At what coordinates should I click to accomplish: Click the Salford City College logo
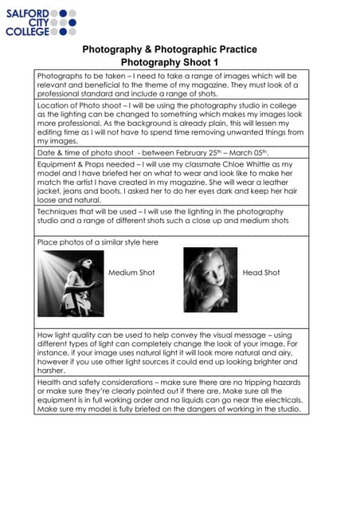coord(41,23)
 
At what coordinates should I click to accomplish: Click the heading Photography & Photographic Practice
coord(170,49)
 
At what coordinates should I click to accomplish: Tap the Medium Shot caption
coord(131,273)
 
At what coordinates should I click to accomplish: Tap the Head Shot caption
coord(261,273)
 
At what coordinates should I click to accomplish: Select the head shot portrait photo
coord(210,280)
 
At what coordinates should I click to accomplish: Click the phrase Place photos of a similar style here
coord(98,241)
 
